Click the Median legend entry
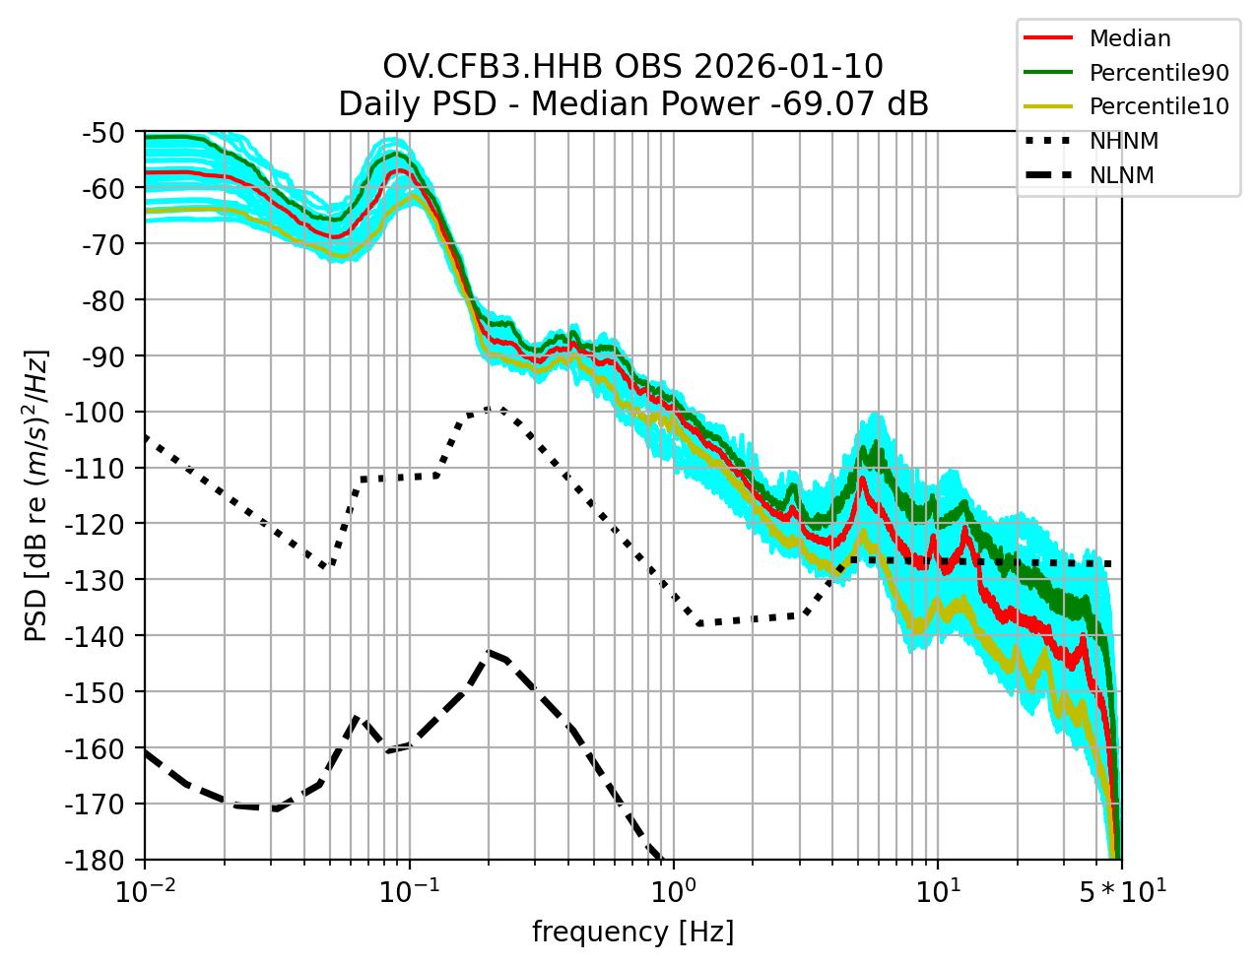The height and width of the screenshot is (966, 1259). (x=1129, y=39)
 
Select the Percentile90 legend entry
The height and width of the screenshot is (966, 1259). (x=1159, y=73)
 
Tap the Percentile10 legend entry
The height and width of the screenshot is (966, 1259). (x=1159, y=106)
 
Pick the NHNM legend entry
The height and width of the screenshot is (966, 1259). (x=1123, y=141)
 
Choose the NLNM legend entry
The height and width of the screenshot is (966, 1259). (x=1121, y=175)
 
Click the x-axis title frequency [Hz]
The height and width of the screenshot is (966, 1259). (x=632, y=932)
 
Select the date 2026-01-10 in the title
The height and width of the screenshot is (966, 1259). (x=788, y=67)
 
